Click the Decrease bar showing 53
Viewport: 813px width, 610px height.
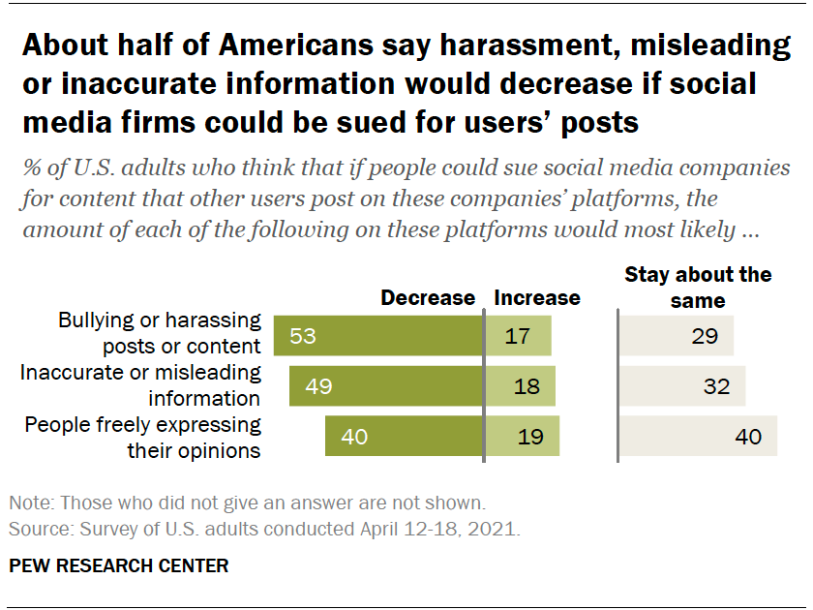click(378, 336)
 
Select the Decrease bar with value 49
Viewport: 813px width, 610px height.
click(386, 385)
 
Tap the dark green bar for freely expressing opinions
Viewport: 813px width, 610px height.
click(404, 436)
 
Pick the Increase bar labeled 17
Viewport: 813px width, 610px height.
click(518, 336)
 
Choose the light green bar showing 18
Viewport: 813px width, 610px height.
click(520, 385)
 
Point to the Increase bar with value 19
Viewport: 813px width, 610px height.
click(522, 436)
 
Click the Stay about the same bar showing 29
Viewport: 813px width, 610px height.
click(676, 336)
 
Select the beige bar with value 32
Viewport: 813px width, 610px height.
click(681, 385)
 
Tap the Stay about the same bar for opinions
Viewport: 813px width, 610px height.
click(698, 436)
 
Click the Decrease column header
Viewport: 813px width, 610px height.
click(428, 298)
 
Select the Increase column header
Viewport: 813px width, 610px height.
click(537, 298)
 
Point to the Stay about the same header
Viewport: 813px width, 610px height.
click(698, 288)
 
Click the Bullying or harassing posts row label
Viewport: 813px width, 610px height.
click(160, 333)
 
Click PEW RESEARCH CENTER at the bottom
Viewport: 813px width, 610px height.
click(119, 565)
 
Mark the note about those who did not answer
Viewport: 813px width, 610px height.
click(246, 503)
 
